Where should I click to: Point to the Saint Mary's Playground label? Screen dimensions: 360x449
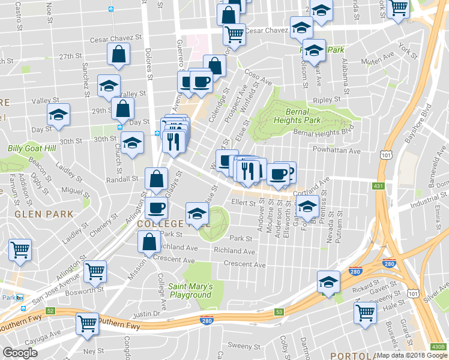pos(190,290)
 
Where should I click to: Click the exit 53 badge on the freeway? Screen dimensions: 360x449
pos(279,312)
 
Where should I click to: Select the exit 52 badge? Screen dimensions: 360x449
pos(51,310)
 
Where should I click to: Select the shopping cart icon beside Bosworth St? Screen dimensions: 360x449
pos(95,271)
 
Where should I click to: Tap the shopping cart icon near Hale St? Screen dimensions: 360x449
pos(366,312)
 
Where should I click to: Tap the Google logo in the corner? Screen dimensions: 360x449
pos(20,353)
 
